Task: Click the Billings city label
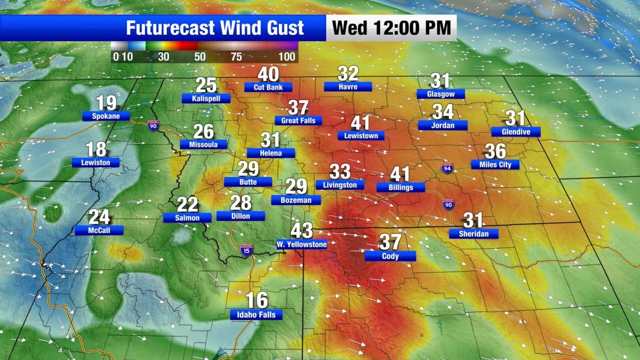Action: tap(401, 188)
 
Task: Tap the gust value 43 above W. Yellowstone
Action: tap(301, 231)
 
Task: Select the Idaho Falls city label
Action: tap(256, 315)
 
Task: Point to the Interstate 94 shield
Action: tap(447, 168)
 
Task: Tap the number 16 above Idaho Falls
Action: tap(257, 300)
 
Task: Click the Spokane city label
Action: tap(106, 116)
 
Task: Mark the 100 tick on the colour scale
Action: tap(287, 57)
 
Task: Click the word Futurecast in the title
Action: tap(172, 27)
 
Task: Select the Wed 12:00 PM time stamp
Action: tap(391, 27)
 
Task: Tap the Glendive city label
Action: tap(516, 131)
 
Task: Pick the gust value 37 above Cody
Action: tap(390, 242)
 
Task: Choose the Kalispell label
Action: tap(206, 98)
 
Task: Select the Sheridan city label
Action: tap(474, 234)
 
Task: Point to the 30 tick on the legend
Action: tap(163, 57)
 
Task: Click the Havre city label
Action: tap(348, 86)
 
